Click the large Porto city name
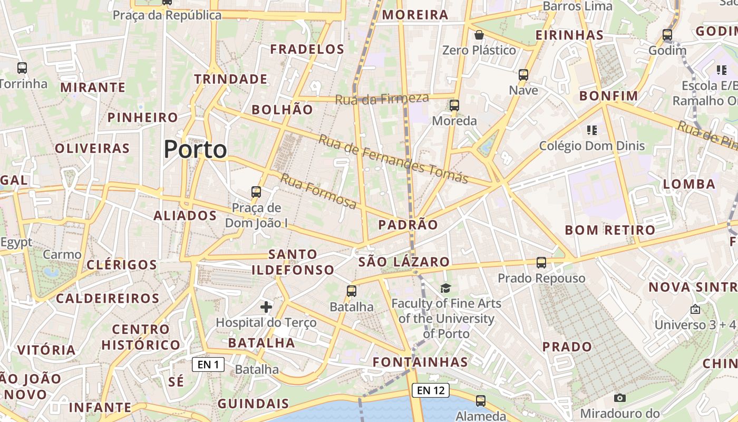pyautogui.click(x=195, y=149)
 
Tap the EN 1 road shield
pyautogui.click(x=208, y=365)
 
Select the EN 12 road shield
pyautogui.click(x=430, y=390)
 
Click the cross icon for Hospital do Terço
pyautogui.click(x=266, y=306)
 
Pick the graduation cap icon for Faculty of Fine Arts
pyautogui.click(x=446, y=288)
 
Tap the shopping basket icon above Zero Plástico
pyautogui.click(x=479, y=35)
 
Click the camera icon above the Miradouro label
pyautogui.click(x=620, y=398)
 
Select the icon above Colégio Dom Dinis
pyautogui.click(x=591, y=130)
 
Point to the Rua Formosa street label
pyautogui.click(x=318, y=190)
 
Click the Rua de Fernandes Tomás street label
pyautogui.click(x=393, y=158)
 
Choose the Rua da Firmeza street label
pyautogui.click(x=382, y=99)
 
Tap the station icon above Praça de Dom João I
pyautogui.click(x=256, y=192)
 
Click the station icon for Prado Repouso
pyautogui.click(x=541, y=262)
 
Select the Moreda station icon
pyautogui.click(x=454, y=105)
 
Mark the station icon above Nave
pyautogui.click(x=523, y=75)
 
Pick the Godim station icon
pyautogui.click(x=667, y=35)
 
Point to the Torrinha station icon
pyautogui.click(x=22, y=68)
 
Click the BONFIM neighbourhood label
pyautogui.click(x=608, y=96)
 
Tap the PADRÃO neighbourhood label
pyautogui.click(x=408, y=225)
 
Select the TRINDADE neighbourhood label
pyautogui.click(x=231, y=79)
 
